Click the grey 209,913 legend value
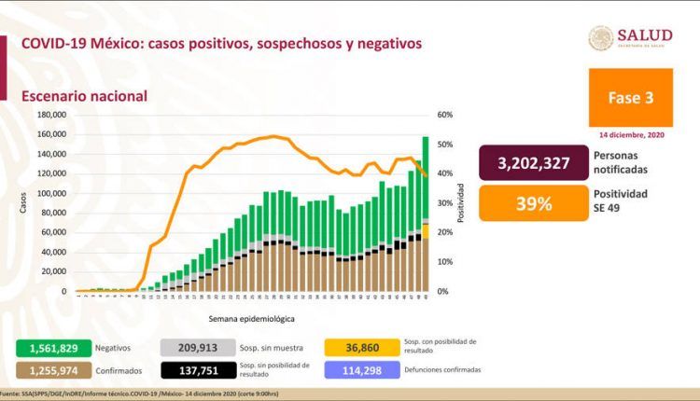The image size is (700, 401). pos(196,347)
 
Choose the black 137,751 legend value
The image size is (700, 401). pos(196,369)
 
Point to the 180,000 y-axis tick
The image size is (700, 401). pos(51,115)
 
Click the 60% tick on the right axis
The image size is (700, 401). pos(444,115)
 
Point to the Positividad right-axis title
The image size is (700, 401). pos(461,203)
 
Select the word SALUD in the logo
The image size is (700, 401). pos(644,35)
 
